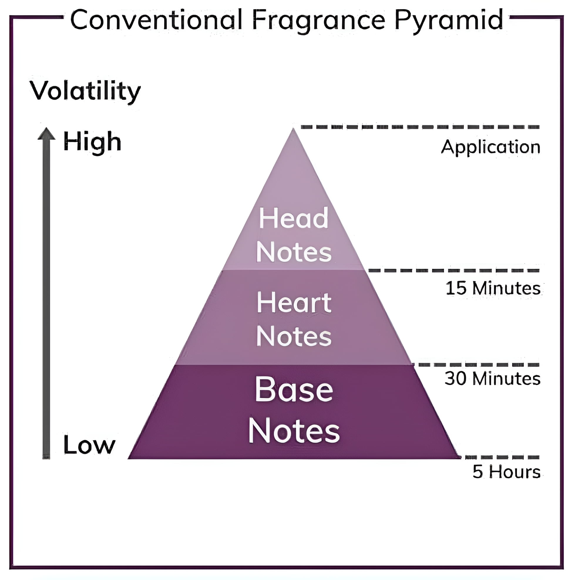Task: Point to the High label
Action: tap(92, 142)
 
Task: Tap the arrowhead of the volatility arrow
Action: tap(46, 134)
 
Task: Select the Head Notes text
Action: tap(293, 235)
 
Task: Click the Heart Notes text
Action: tap(294, 319)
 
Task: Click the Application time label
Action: tap(490, 147)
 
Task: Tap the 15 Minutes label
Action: tap(493, 288)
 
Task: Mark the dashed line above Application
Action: tap(420, 127)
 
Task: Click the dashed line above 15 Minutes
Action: tap(454, 271)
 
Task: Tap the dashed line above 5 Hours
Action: tap(502, 457)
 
